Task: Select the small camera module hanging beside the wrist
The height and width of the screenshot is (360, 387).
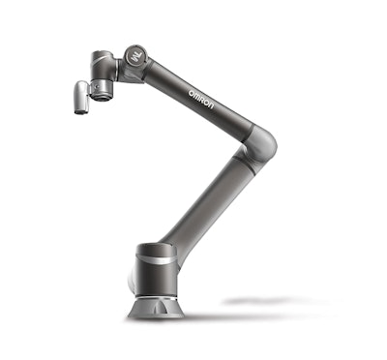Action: [x=81, y=97]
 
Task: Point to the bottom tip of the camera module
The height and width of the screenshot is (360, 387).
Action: [x=79, y=110]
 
